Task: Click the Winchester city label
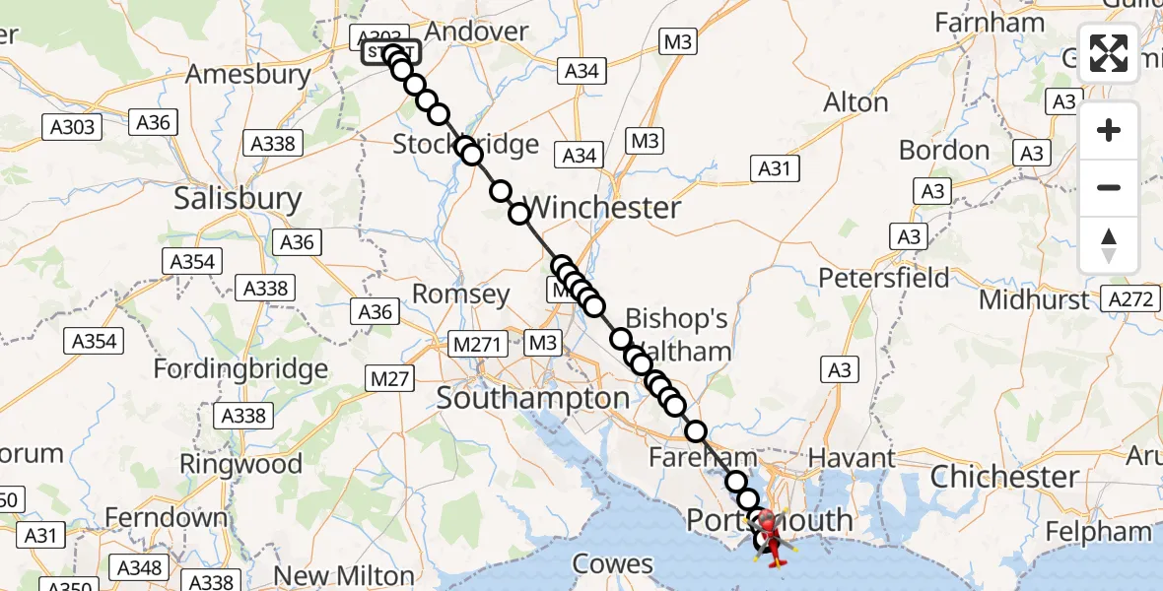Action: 603,208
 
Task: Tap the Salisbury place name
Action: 238,199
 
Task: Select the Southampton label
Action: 532,399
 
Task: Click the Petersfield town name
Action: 884,278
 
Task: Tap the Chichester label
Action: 1004,478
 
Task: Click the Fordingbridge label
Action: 240,370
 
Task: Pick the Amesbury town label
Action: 248,74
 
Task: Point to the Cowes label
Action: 613,564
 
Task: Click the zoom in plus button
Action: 1109,130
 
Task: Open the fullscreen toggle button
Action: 1109,53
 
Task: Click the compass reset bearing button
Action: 1109,245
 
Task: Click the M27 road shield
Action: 389,377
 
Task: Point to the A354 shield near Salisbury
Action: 193,262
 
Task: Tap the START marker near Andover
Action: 391,53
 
